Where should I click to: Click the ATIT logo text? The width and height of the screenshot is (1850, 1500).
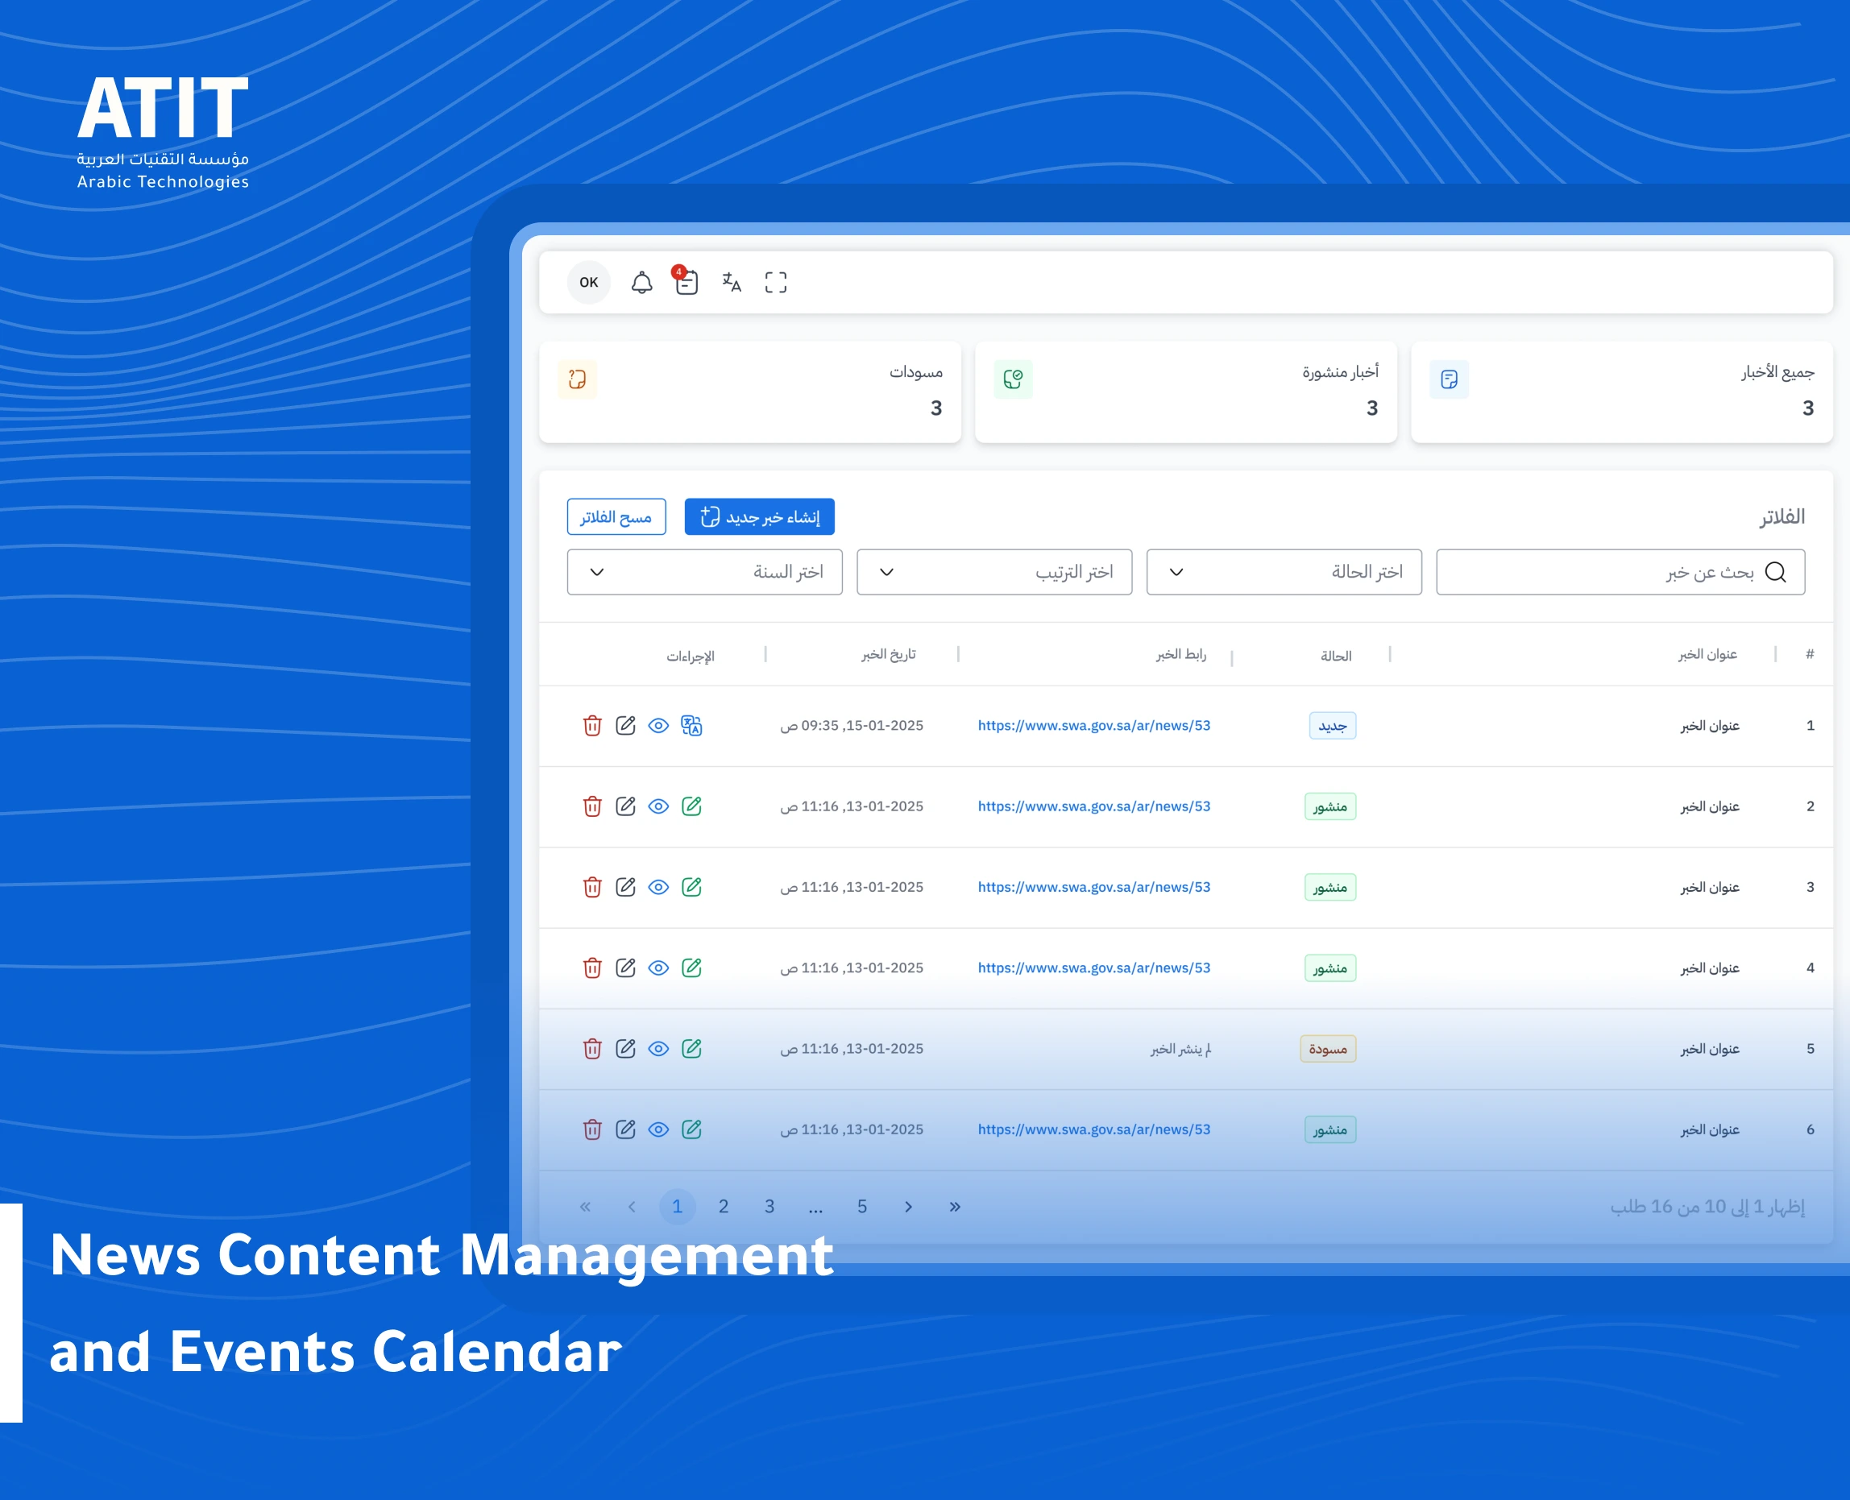(163, 108)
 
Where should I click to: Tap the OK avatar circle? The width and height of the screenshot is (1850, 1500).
(588, 283)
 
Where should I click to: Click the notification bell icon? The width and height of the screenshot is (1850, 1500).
(641, 283)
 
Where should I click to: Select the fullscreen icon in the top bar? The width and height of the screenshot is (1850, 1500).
(775, 283)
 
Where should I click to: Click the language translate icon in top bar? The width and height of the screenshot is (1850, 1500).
(731, 283)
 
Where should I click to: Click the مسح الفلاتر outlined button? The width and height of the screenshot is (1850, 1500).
(616, 516)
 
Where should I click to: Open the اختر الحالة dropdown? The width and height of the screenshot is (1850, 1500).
(1284, 572)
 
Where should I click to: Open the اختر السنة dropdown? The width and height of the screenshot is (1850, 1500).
(704, 572)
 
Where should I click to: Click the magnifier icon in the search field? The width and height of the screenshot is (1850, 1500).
(1775, 572)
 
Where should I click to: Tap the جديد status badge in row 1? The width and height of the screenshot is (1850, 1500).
(1332, 726)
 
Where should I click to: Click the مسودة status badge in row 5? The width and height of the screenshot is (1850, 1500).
(1327, 1049)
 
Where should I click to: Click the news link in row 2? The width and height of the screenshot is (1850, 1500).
(1093, 806)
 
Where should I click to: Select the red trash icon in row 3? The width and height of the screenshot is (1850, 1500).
(592, 888)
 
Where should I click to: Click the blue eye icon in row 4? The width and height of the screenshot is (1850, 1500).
(658, 968)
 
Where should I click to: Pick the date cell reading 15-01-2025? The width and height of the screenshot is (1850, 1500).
(852, 726)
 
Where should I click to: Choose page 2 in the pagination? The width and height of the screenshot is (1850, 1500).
(724, 1206)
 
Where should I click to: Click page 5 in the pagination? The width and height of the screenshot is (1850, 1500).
(861, 1206)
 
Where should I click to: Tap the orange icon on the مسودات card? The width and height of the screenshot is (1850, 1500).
(577, 379)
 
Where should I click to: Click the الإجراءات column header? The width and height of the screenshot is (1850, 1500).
(690, 657)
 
